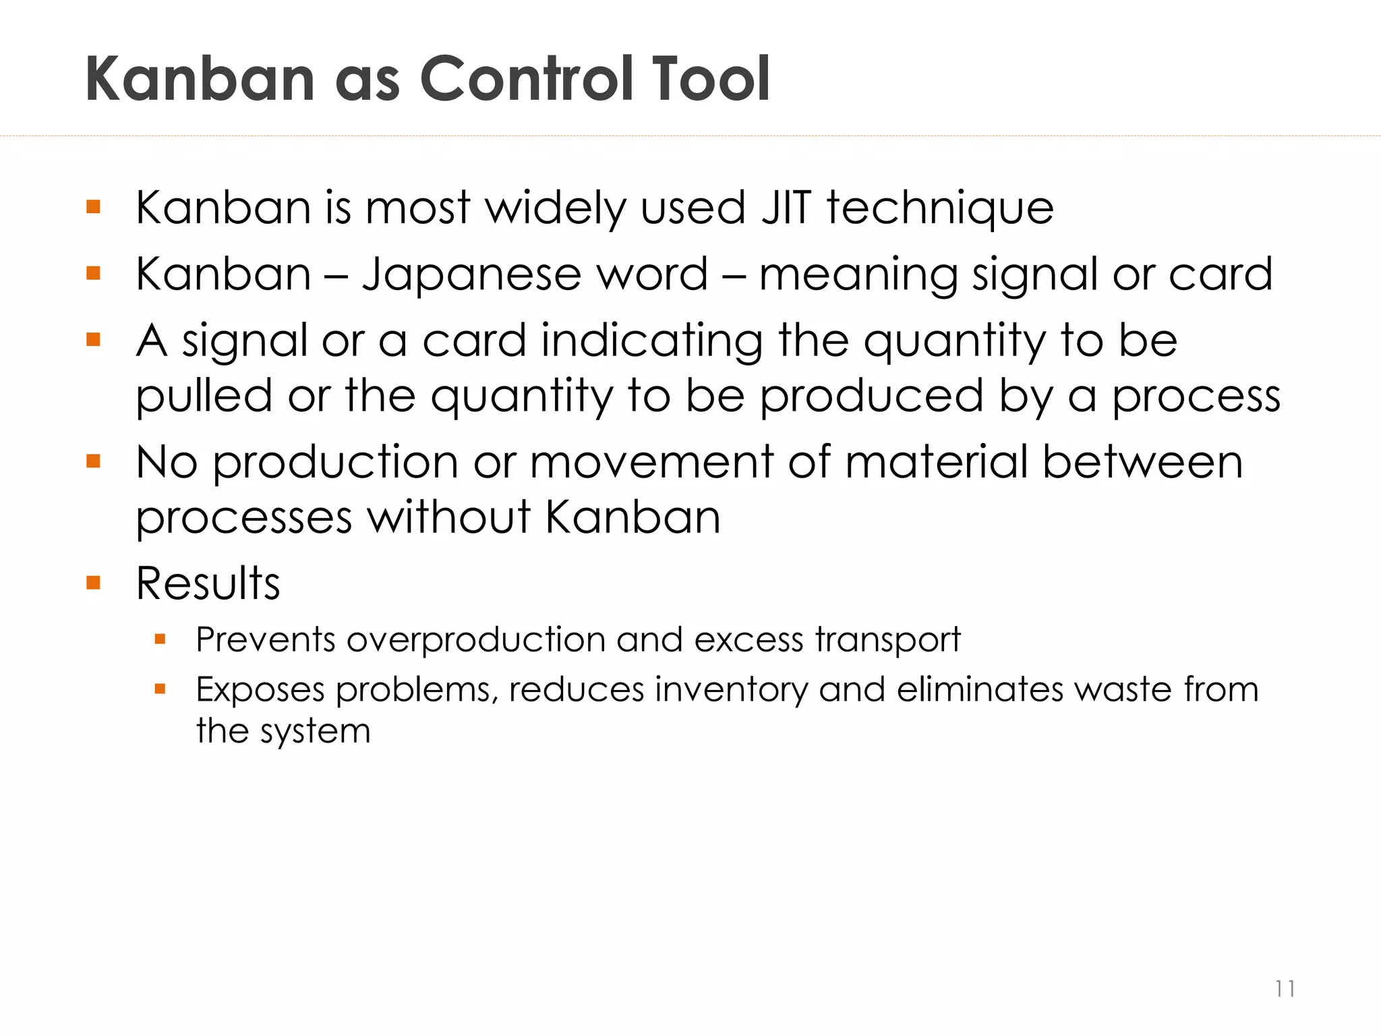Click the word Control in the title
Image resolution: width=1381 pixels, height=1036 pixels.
click(x=528, y=79)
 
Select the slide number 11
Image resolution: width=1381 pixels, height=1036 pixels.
click(x=1285, y=989)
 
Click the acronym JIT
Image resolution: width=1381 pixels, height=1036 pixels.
click(x=786, y=207)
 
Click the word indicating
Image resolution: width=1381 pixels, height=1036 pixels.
click(x=652, y=341)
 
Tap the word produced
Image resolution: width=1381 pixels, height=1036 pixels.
click(x=871, y=397)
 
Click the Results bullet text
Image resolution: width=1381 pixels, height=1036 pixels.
click(x=208, y=583)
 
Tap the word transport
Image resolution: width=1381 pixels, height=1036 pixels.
click(x=887, y=640)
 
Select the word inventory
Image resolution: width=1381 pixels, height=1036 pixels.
click(x=731, y=690)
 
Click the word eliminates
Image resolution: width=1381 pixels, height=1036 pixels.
click(x=979, y=689)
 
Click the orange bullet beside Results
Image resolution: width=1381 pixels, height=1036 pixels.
click(x=93, y=583)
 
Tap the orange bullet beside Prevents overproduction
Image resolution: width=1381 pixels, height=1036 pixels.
click(x=160, y=639)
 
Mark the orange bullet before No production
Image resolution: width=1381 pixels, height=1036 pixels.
click(x=93, y=462)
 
